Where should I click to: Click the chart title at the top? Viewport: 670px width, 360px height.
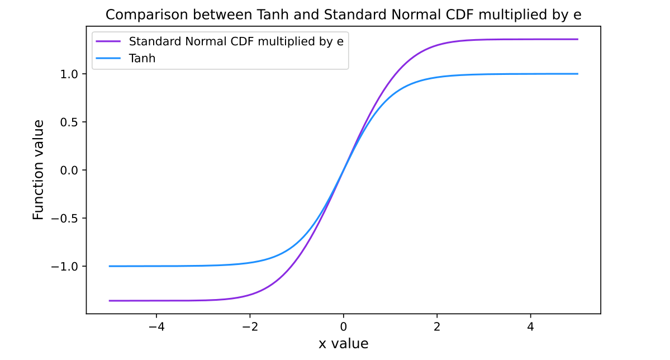point(343,15)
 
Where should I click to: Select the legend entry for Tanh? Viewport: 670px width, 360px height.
point(142,58)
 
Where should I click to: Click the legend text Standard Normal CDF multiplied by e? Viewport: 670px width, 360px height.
point(236,41)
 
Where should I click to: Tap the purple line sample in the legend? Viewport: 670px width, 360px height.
point(108,41)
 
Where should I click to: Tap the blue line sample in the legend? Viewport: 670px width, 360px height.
point(108,58)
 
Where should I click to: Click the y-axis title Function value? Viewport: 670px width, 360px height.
point(38,170)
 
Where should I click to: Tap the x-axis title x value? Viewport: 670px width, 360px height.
point(343,343)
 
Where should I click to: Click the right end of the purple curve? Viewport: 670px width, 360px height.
point(577,39)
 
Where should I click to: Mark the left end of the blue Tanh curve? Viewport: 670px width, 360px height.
point(110,266)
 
